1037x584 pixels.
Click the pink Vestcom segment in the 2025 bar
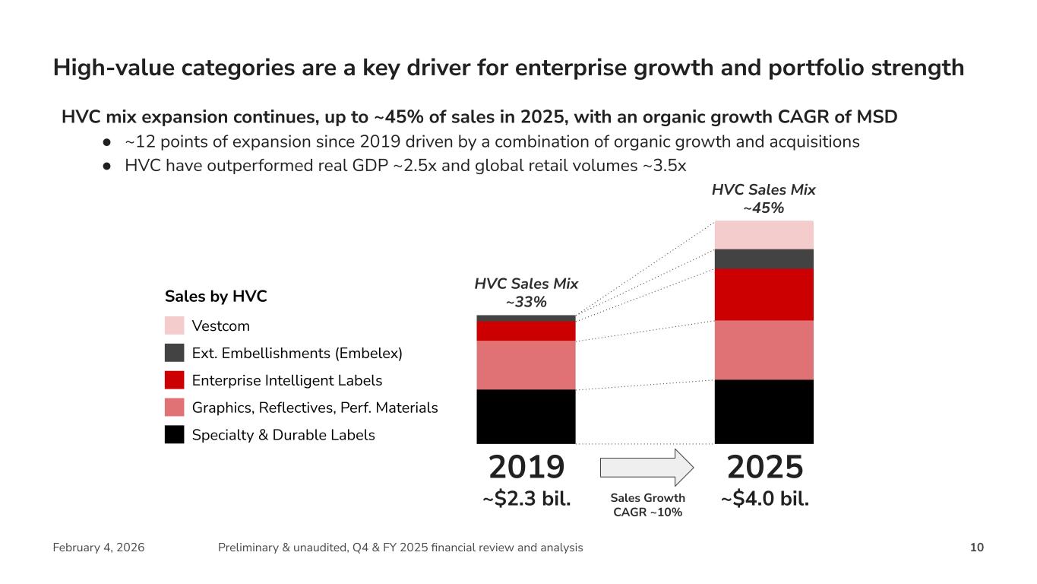[x=764, y=235]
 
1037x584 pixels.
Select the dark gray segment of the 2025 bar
[x=764, y=259]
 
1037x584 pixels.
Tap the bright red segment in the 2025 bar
[x=764, y=294]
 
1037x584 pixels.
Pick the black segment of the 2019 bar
[x=526, y=416]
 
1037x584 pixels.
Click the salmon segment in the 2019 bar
[x=526, y=365]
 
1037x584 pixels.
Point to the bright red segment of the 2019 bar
[x=526, y=331]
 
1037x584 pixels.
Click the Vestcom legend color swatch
[x=175, y=325]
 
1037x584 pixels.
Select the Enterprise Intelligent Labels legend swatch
[x=175, y=380]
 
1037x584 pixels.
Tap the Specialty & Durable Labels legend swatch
[x=175, y=435]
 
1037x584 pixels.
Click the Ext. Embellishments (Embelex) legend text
[x=297, y=353]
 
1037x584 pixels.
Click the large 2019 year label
[x=526, y=467]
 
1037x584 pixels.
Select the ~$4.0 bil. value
[x=764, y=500]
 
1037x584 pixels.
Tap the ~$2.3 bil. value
[x=526, y=500]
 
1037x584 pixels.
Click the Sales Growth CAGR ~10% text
[x=648, y=505]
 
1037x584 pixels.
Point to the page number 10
[x=977, y=547]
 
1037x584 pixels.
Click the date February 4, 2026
[x=99, y=547]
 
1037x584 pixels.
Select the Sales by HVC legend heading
[x=216, y=297]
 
